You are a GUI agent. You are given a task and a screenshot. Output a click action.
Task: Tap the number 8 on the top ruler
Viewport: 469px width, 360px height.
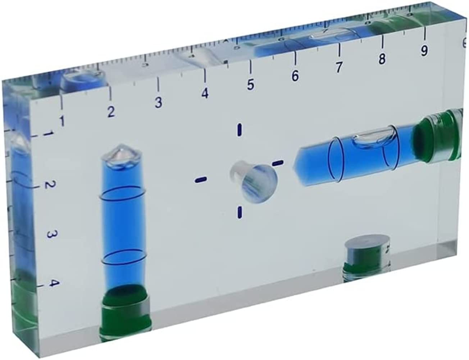click(382, 58)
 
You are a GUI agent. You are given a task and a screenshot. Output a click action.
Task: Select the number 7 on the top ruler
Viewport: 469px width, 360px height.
click(338, 67)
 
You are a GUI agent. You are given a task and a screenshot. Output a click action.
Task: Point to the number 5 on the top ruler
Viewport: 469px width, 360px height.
click(251, 85)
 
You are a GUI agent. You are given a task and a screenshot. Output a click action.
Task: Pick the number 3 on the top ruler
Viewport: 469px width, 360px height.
click(158, 103)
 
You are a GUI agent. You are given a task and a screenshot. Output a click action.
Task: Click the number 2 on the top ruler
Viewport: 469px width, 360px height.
click(111, 112)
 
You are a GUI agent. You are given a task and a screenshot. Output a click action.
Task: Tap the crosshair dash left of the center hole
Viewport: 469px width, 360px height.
click(200, 179)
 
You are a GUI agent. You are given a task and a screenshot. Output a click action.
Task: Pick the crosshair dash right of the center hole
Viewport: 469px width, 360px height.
click(278, 163)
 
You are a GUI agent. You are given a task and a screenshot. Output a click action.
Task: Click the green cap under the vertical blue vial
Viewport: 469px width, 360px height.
click(124, 308)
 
